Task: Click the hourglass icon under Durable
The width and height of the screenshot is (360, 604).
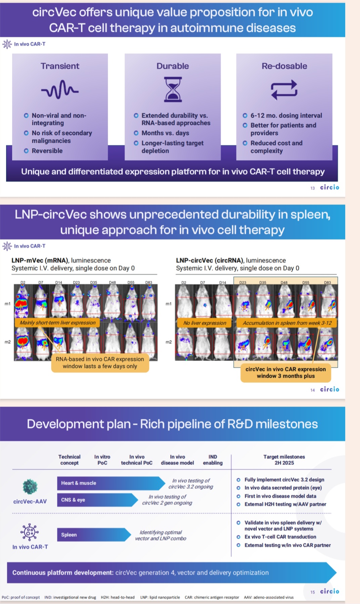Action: [x=173, y=89]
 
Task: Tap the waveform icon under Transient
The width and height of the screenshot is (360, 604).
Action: [x=60, y=90]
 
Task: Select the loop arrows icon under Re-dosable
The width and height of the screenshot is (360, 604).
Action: [x=284, y=90]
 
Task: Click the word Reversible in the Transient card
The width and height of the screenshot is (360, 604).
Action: [x=47, y=151]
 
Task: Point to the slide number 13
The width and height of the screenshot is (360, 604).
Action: [x=312, y=188]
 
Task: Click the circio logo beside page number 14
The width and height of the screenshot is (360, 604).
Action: [x=329, y=389]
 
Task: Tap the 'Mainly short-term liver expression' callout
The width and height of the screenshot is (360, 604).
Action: [x=57, y=323]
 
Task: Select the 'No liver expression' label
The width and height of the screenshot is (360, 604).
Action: [x=205, y=323]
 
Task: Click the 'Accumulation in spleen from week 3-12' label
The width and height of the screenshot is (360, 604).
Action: [x=287, y=323]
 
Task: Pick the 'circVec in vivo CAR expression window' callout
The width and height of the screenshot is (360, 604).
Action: [x=285, y=373]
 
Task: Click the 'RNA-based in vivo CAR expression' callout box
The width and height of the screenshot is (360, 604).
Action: [x=100, y=363]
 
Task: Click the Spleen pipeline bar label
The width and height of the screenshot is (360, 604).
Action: [x=69, y=535]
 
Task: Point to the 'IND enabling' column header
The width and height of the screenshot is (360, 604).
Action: [x=213, y=460]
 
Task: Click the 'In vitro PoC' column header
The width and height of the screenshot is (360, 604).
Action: [x=102, y=460]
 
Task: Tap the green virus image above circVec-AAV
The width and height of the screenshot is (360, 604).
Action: [x=30, y=486]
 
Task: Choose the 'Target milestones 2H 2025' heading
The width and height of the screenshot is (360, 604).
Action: [x=284, y=460]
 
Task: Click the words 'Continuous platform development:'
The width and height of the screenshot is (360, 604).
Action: [x=63, y=573]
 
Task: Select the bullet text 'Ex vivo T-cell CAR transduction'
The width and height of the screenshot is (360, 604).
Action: [x=280, y=537]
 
